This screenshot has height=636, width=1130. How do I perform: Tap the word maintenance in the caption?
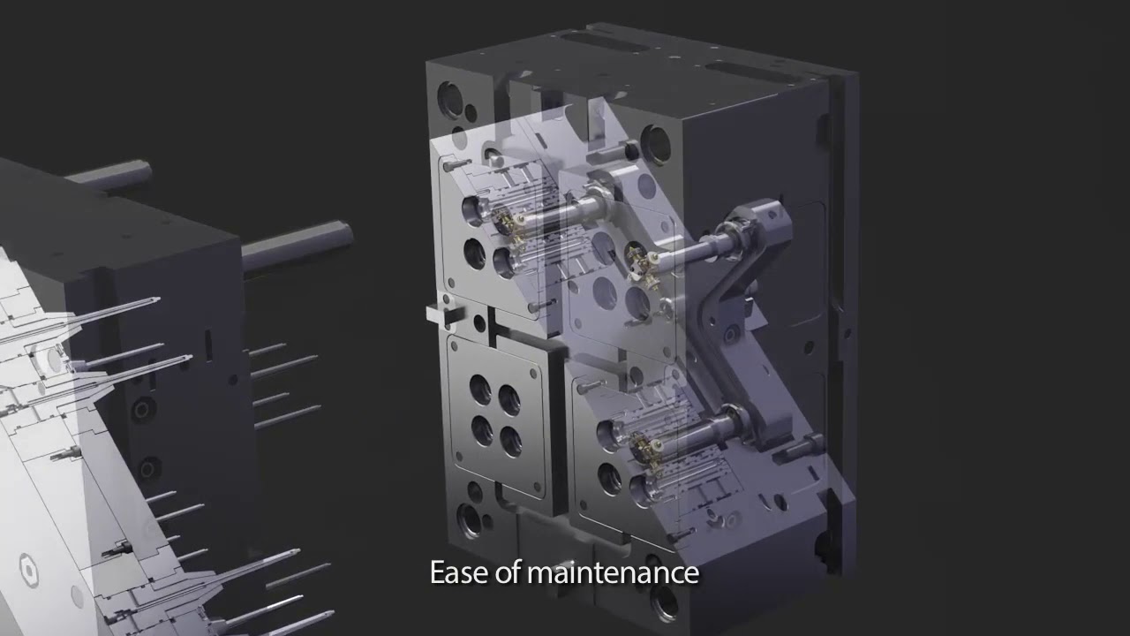click(x=613, y=572)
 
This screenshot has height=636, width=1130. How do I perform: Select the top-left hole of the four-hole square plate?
click(x=480, y=386)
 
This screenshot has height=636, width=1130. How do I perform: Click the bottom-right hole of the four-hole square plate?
click(x=510, y=439)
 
